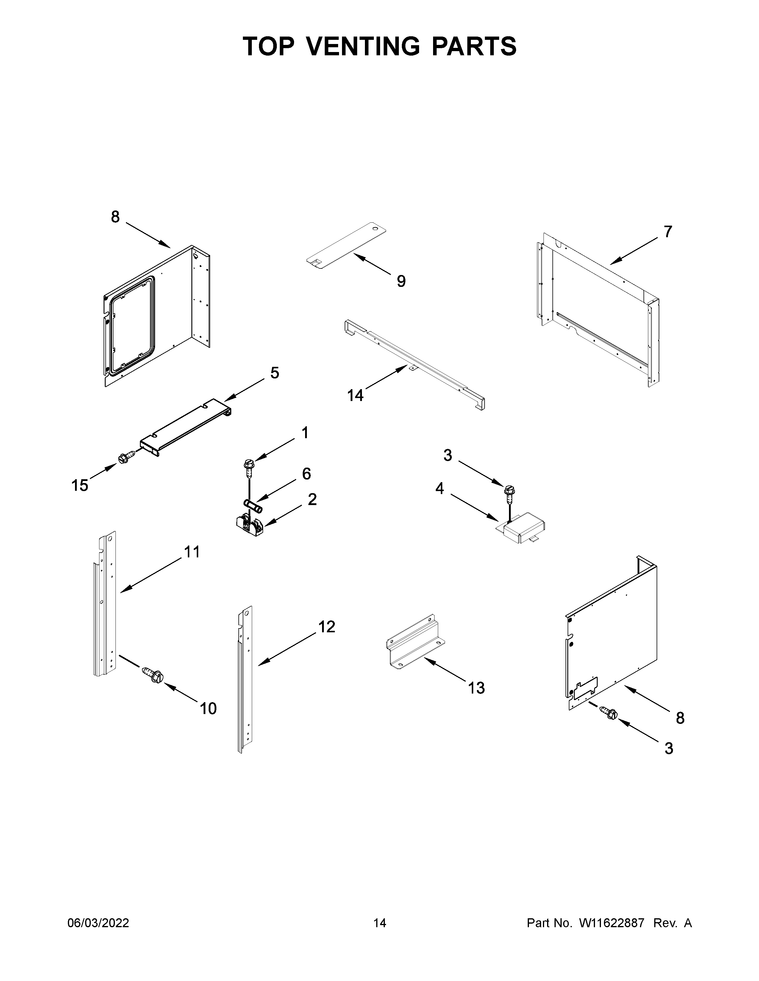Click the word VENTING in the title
click(x=365, y=46)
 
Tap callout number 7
click(x=668, y=232)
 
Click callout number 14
click(x=355, y=395)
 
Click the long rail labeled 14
click(x=414, y=363)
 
